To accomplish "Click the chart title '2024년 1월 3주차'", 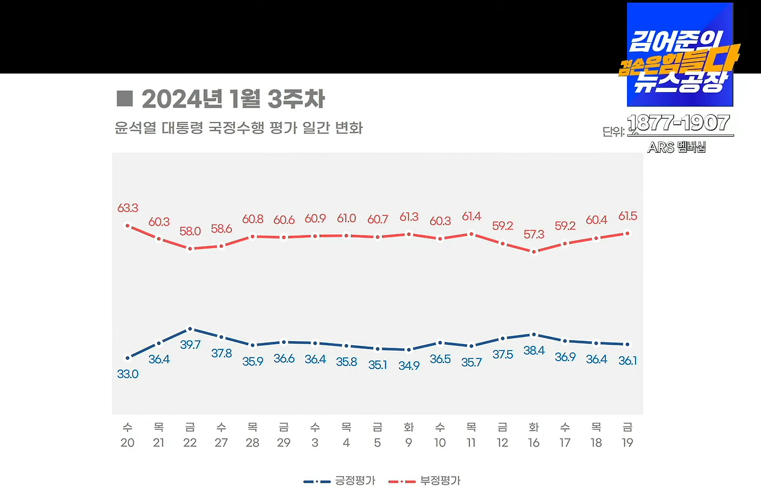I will (233, 99).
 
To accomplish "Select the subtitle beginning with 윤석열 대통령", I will (238, 128).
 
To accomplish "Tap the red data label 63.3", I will (128, 208).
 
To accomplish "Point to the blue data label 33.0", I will (128, 374).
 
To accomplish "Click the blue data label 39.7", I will (190, 345).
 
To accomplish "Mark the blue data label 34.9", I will (408, 365).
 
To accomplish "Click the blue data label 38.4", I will (533, 351).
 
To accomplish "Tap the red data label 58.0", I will (190, 231).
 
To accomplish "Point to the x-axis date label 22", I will (190, 443).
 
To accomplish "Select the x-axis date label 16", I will (533, 443).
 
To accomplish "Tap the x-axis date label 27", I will (221, 443).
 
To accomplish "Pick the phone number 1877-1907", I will (679, 122).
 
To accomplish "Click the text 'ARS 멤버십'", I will (677, 147).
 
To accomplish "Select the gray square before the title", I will (124, 99).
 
